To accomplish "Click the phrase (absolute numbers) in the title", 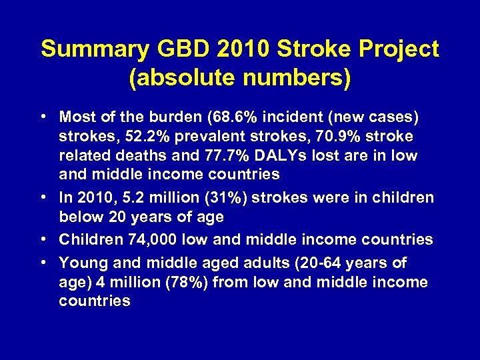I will [x=240, y=79].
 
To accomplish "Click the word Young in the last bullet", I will [x=80, y=263].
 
